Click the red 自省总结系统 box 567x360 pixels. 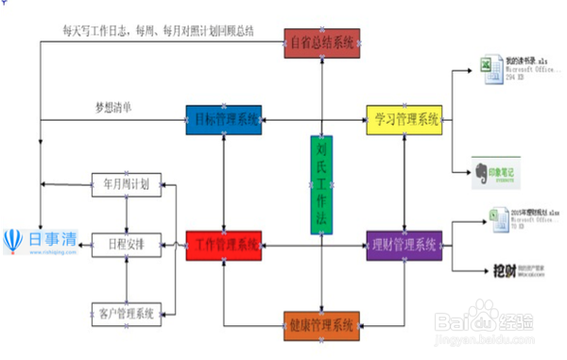tap(324, 43)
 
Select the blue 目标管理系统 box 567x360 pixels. tap(223, 119)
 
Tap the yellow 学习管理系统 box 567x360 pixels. tap(404, 119)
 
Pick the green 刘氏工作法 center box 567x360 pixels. tap(321, 185)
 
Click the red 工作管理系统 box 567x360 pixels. tap(223, 246)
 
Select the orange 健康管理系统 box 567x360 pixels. tap(321, 326)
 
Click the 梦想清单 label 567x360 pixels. tap(113, 106)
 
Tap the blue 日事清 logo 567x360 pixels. tap(43, 241)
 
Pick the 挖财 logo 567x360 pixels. tap(505, 273)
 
